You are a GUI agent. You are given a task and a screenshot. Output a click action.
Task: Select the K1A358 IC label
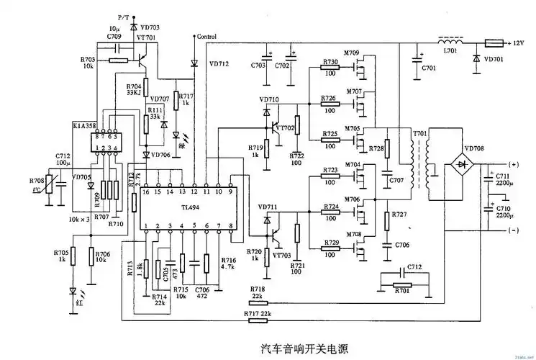(x=84, y=125)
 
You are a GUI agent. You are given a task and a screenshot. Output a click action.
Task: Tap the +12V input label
(x=519, y=42)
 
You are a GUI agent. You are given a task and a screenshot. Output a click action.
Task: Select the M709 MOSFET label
(x=352, y=53)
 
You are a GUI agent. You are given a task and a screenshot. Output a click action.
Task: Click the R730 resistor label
(x=330, y=63)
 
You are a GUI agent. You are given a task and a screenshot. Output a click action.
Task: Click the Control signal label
(x=206, y=36)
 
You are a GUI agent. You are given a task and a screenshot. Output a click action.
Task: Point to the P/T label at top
(x=124, y=16)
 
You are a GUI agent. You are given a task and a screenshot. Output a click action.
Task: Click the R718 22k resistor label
(x=257, y=291)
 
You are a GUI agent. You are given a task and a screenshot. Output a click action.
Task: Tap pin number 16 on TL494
(x=145, y=192)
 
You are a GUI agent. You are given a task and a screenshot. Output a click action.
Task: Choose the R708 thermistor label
(x=37, y=181)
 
